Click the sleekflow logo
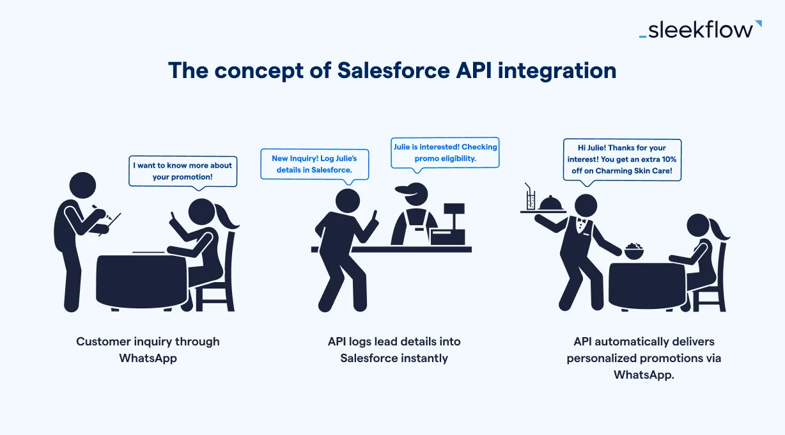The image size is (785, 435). [x=700, y=29]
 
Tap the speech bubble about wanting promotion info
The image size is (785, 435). [x=183, y=171]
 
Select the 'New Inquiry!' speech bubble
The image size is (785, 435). [x=314, y=164]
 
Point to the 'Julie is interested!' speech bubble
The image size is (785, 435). [x=445, y=152]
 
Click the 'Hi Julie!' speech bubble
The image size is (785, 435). [x=622, y=159]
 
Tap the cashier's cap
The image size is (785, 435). [x=410, y=189]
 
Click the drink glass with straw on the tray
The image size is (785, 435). [x=529, y=198]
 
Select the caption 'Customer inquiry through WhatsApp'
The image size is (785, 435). [x=148, y=349]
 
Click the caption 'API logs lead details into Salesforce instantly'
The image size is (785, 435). [x=394, y=349]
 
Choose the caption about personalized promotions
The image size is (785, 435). [x=644, y=358]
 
